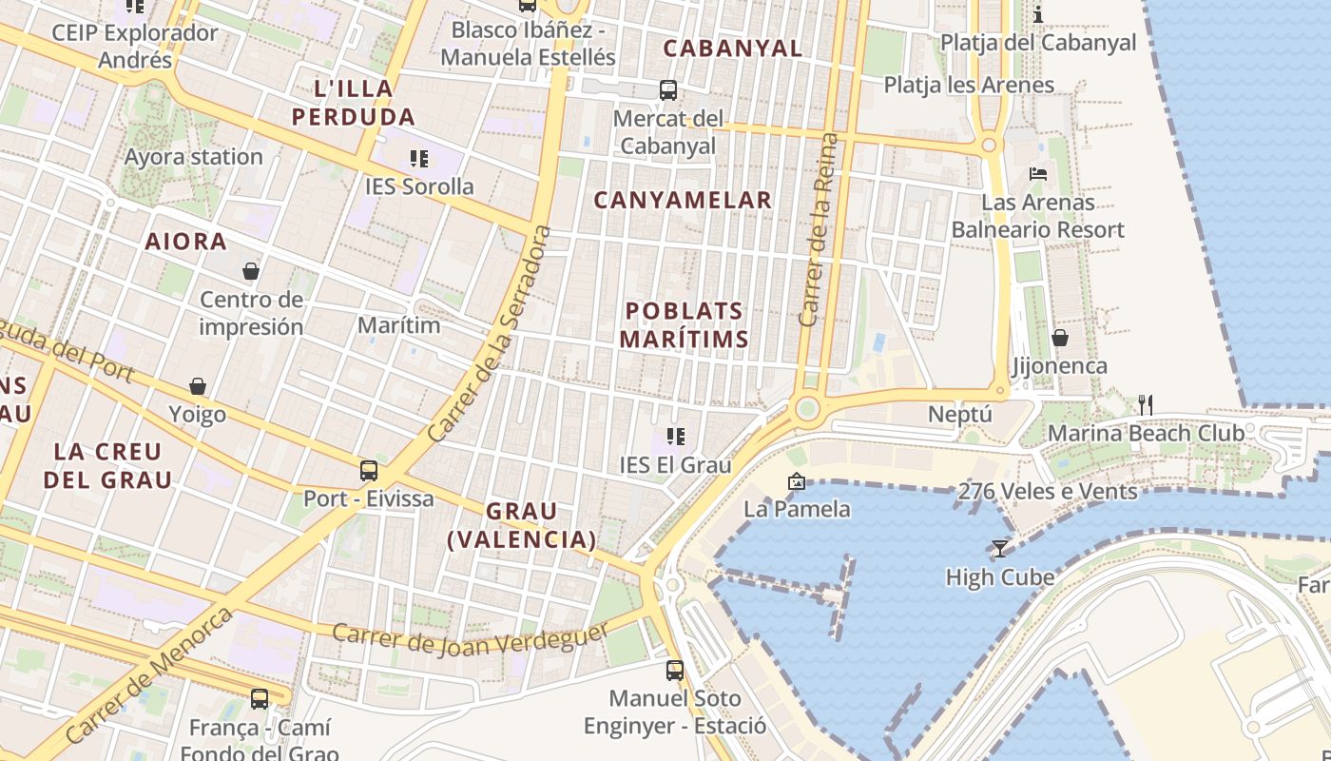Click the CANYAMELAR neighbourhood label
pos(683,200)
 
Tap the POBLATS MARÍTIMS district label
pos(684,324)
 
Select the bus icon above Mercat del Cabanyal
pos(668,90)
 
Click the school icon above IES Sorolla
pos(418,158)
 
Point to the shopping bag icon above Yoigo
pos(198,386)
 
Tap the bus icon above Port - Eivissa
pos(368,470)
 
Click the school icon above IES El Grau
pos(676,437)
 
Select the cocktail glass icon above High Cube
pos(999,548)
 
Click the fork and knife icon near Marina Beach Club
pos(1146,405)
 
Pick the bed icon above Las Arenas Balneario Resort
pos(1038,174)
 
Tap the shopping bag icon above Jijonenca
pos(1059,338)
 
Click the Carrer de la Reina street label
pos(820,230)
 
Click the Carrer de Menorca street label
pos(149,675)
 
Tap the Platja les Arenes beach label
pos(969,85)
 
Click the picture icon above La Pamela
pos(797,482)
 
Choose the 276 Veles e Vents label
pos(1047,492)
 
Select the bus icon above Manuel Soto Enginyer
pos(675,671)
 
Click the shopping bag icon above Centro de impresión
pos(251,272)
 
